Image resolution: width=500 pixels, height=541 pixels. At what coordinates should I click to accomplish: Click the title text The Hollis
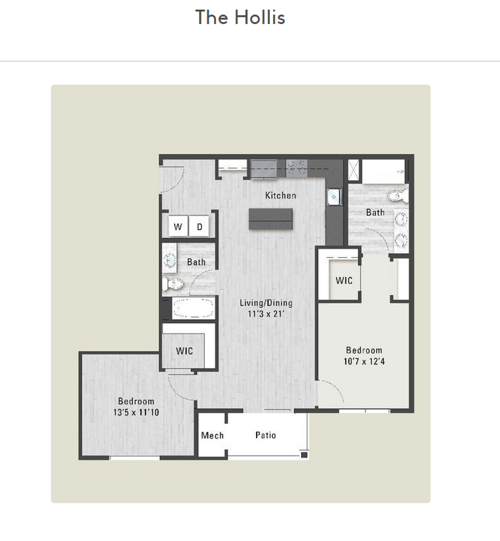240,18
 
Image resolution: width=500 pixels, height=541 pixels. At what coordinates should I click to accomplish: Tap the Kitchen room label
281,195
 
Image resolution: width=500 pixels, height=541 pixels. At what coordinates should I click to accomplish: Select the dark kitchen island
271,219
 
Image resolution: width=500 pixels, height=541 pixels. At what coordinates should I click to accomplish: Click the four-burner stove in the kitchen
296,167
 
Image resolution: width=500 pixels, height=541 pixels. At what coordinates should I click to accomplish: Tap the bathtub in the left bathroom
193,308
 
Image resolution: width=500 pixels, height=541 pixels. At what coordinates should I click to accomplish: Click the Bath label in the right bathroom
375,212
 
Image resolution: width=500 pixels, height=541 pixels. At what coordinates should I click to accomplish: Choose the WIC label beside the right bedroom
344,281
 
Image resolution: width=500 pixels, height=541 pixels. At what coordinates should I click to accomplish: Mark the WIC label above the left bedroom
184,351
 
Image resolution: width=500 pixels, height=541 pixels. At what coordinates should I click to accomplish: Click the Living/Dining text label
266,303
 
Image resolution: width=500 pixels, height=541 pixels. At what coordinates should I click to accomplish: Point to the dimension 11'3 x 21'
266,314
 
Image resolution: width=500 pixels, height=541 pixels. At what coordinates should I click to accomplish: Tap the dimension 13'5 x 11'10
136,412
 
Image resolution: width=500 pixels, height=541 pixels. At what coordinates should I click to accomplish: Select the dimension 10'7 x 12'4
364,361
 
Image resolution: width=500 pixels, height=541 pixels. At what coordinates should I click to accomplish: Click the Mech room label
212,435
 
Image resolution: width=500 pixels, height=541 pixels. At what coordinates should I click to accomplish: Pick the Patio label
266,435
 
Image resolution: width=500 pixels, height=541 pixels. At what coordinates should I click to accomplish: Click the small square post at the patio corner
304,455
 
